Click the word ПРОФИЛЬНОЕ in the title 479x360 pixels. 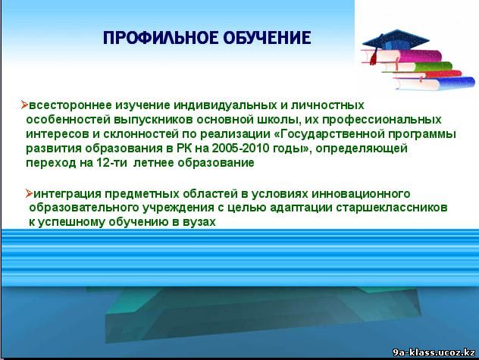point(161,38)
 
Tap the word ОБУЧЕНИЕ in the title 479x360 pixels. point(267,38)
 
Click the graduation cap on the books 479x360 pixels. point(396,39)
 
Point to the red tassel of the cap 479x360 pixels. point(374,57)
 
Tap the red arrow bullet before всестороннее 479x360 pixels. point(24,105)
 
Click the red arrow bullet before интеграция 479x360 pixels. point(29,193)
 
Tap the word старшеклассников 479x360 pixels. point(392,208)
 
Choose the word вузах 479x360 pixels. point(199,222)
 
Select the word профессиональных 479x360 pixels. point(382,120)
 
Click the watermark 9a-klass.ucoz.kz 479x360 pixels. point(434,352)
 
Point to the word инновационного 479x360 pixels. point(361,194)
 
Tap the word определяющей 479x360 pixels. point(362,149)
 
